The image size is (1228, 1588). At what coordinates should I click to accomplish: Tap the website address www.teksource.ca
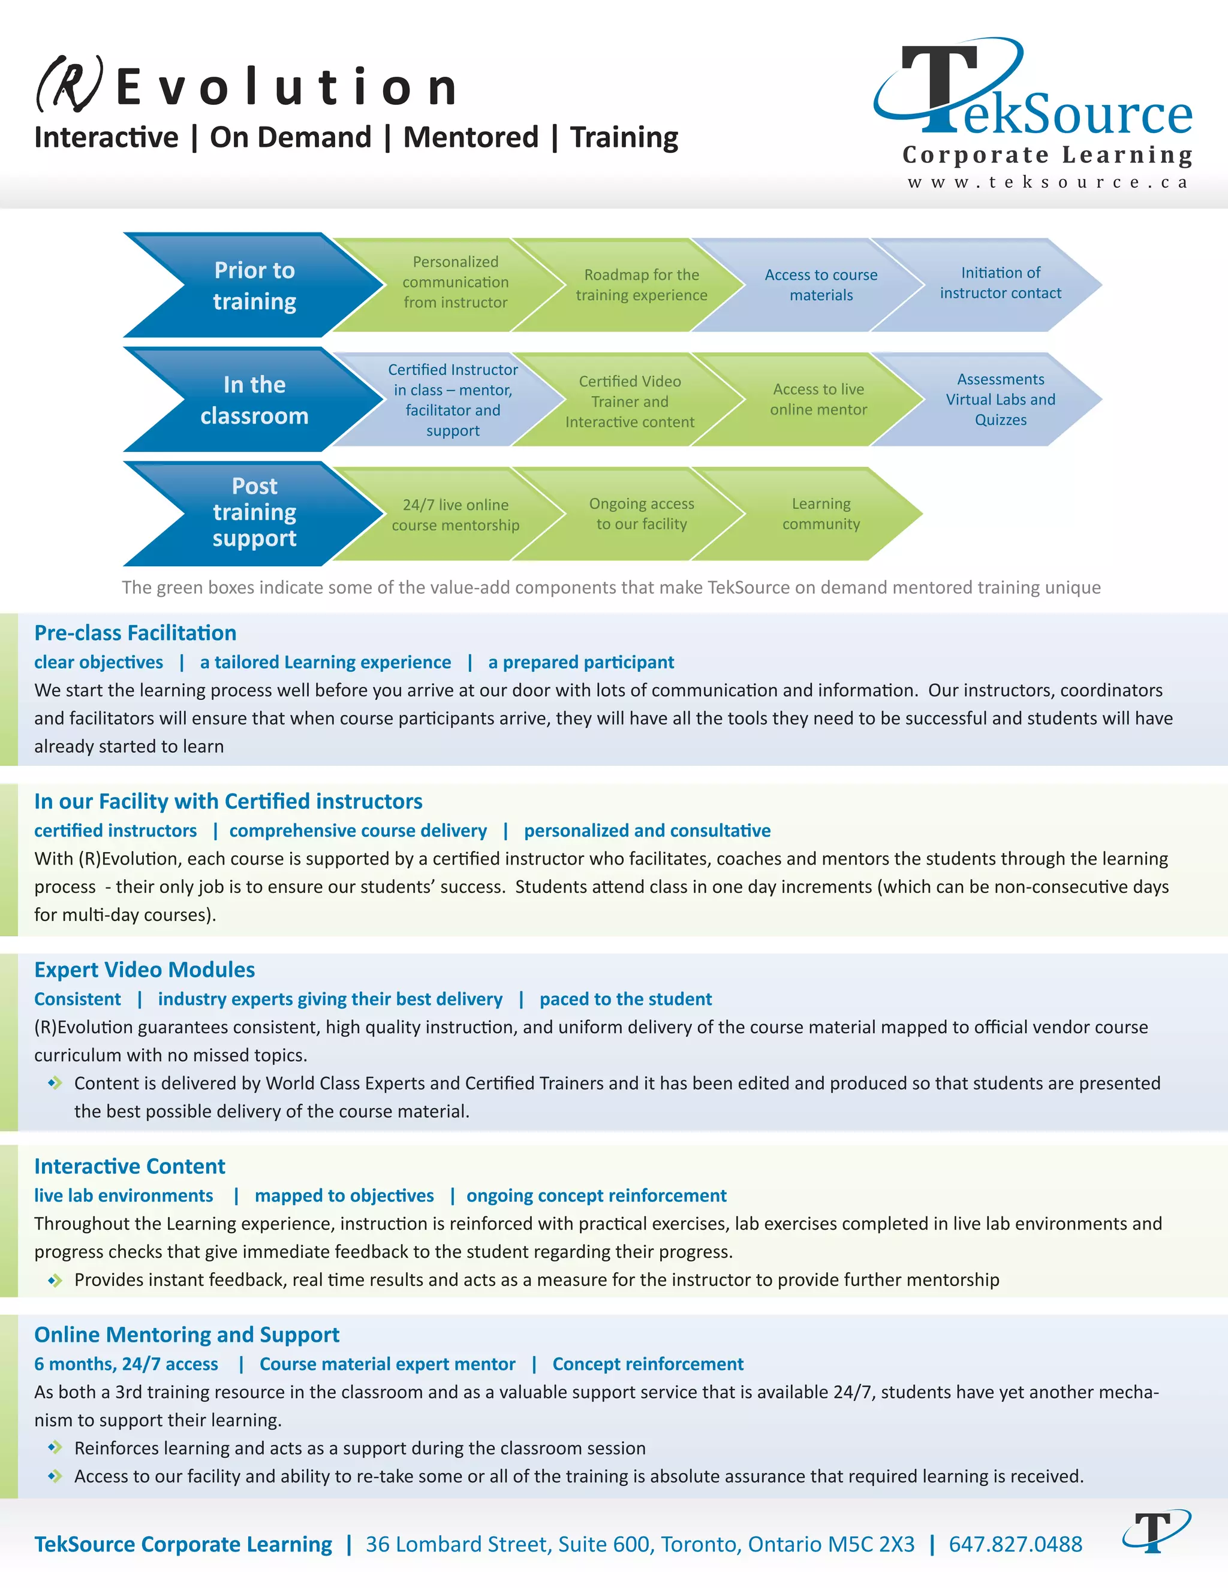[x=1048, y=183]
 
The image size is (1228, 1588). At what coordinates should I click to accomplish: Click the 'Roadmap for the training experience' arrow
[x=641, y=285]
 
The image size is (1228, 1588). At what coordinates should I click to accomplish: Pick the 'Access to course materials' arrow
[x=821, y=285]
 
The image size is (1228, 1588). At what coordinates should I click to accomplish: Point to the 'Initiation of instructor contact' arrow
[x=1000, y=283]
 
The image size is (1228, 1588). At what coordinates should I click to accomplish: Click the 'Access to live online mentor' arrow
[x=818, y=400]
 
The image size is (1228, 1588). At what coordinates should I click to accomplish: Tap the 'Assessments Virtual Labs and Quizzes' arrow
[x=1000, y=400]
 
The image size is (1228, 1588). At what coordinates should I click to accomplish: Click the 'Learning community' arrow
[x=821, y=514]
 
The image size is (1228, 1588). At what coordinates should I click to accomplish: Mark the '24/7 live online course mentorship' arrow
[x=456, y=515]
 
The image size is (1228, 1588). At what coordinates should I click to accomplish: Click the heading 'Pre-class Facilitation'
[x=136, y=633]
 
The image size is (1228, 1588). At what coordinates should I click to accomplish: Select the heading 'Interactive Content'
[x=130, y=1166]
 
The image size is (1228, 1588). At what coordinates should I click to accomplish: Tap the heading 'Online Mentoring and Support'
[x=186, y=1335]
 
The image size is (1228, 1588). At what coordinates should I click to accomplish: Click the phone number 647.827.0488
[x=1015, y=1544]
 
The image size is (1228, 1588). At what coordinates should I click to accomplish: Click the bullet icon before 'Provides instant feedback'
[x=55, y=1281]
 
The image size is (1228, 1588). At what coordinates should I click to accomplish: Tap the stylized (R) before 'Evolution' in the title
[x=69, y=85]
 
